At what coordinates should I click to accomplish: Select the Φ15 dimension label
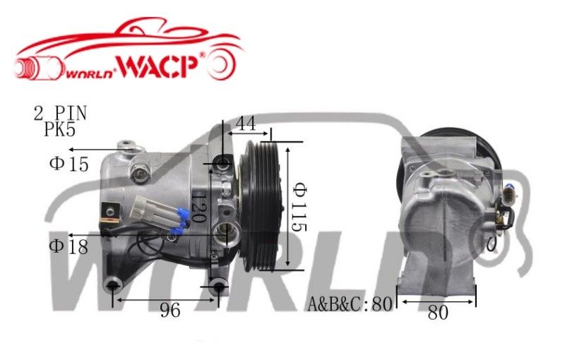[x=69, y=164]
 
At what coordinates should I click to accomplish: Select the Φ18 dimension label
[x=69, y=246]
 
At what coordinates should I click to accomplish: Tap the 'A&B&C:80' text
[x=350, y=305]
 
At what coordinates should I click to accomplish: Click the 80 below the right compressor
[x=438, y=313]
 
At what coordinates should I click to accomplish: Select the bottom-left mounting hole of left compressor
[x=112, y=285]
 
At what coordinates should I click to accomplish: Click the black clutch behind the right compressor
[x=487, y=152]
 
